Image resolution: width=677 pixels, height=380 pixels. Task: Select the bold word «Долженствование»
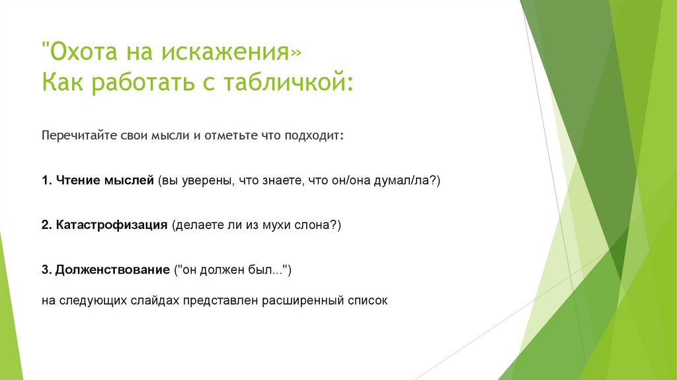(113, 270)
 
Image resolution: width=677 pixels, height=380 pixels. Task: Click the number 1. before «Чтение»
(46, 180)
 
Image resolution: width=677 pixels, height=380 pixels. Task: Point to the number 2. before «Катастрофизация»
(46, 225)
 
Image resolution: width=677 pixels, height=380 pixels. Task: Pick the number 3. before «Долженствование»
(46, 270)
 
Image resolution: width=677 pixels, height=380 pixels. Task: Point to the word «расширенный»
(304, 300)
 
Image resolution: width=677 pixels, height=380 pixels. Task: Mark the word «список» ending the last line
(368, 300)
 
